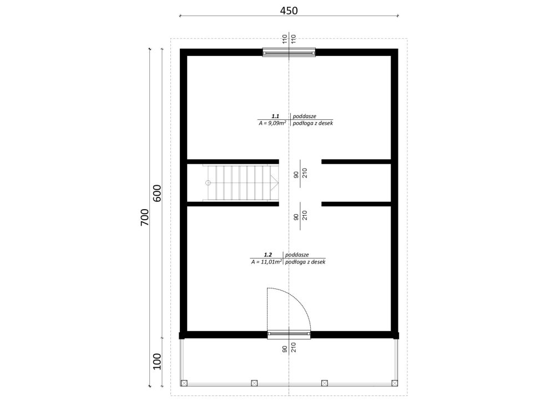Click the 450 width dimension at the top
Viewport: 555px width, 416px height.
(289, 11)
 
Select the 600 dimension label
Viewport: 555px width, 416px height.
(157, 193)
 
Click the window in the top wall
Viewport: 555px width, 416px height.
(289, 53)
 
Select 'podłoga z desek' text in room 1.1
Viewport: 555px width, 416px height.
(312, 124)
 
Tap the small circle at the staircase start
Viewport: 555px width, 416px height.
(208, 182)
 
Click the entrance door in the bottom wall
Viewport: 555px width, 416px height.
(289, 334)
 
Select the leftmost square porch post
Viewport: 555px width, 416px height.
(185, 383)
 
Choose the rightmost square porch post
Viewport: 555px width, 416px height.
(394, 383)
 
